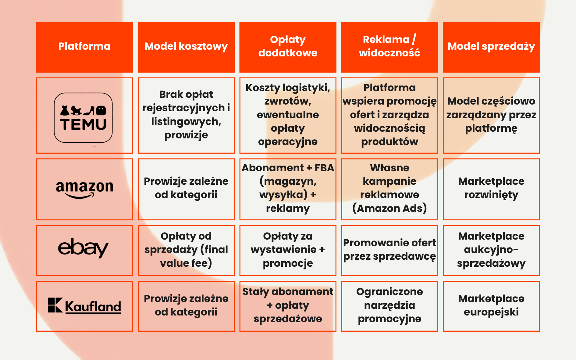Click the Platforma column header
[x=84, y=47]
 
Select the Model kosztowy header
[x=186, y=47]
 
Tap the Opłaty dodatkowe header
[x=288, y=47]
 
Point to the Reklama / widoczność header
[x=389, y=47]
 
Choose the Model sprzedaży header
[x=491, y=47]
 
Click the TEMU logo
[x=83, y=118]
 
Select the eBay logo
[x=83, y=248]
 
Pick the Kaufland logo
[x=84, y=306]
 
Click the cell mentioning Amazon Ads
[x=389, y=188]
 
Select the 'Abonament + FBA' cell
[x=288, y=188]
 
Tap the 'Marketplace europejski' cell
[x=491, y=305]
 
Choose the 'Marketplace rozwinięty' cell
[x=491, y=188]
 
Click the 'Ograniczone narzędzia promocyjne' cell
[x=389, y=305]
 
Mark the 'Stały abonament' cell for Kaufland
[x=288, y=305]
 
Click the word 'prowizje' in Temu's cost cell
[x=186, y=135]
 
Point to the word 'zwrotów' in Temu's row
[x=287, y=101]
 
